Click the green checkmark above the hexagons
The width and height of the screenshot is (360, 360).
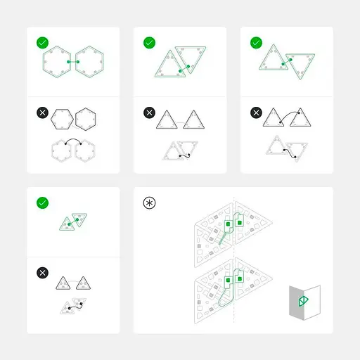click(42, 43)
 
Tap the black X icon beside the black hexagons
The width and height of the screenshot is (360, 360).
click(42, 112)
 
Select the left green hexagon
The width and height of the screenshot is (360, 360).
click(55, 63)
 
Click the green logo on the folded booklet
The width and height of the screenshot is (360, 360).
click(303, 302)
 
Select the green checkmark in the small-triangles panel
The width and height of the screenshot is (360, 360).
click(42, 202)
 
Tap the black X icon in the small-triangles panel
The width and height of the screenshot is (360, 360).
click(42, 273)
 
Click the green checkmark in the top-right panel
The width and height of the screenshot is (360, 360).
click(256, 43)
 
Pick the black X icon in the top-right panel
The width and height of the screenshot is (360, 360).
click(256, 112)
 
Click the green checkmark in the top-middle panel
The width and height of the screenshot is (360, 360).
click(149, 43)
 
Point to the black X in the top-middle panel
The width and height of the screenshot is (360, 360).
click(149, 112)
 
